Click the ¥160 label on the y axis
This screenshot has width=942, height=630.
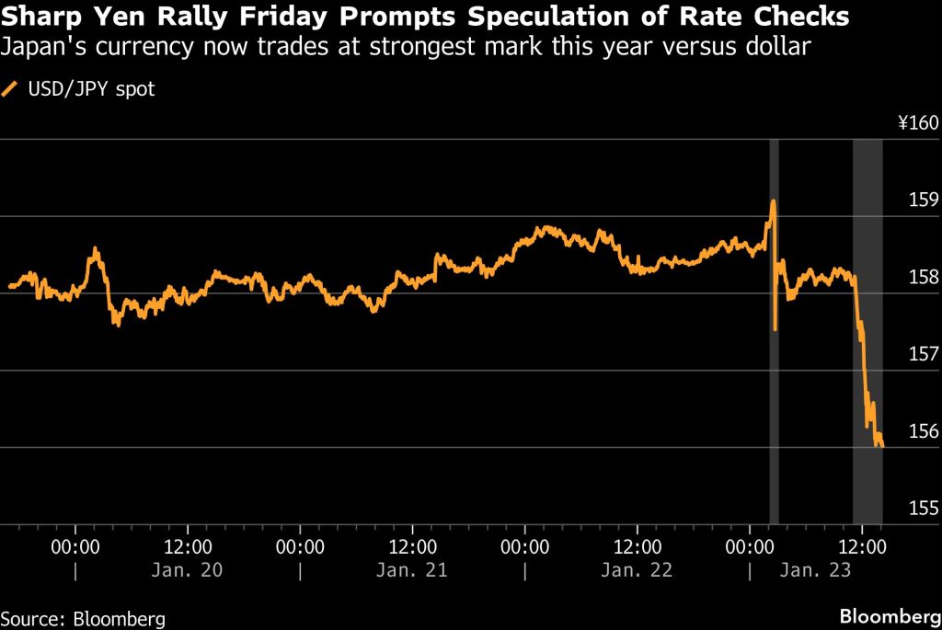916,123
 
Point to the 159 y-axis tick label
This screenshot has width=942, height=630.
923,200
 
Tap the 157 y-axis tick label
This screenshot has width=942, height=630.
923,354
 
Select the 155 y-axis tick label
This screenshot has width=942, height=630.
923,509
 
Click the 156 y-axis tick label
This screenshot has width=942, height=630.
923,431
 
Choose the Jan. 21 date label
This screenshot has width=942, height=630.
412,570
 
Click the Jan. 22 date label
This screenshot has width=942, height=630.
638,570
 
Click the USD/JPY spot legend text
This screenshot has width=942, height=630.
89,89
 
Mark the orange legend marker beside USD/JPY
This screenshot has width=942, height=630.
11,89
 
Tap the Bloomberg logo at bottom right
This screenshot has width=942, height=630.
890,615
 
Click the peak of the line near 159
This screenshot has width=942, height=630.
774,200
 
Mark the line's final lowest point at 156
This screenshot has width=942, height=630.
881,446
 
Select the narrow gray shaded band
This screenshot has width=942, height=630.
775,331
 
